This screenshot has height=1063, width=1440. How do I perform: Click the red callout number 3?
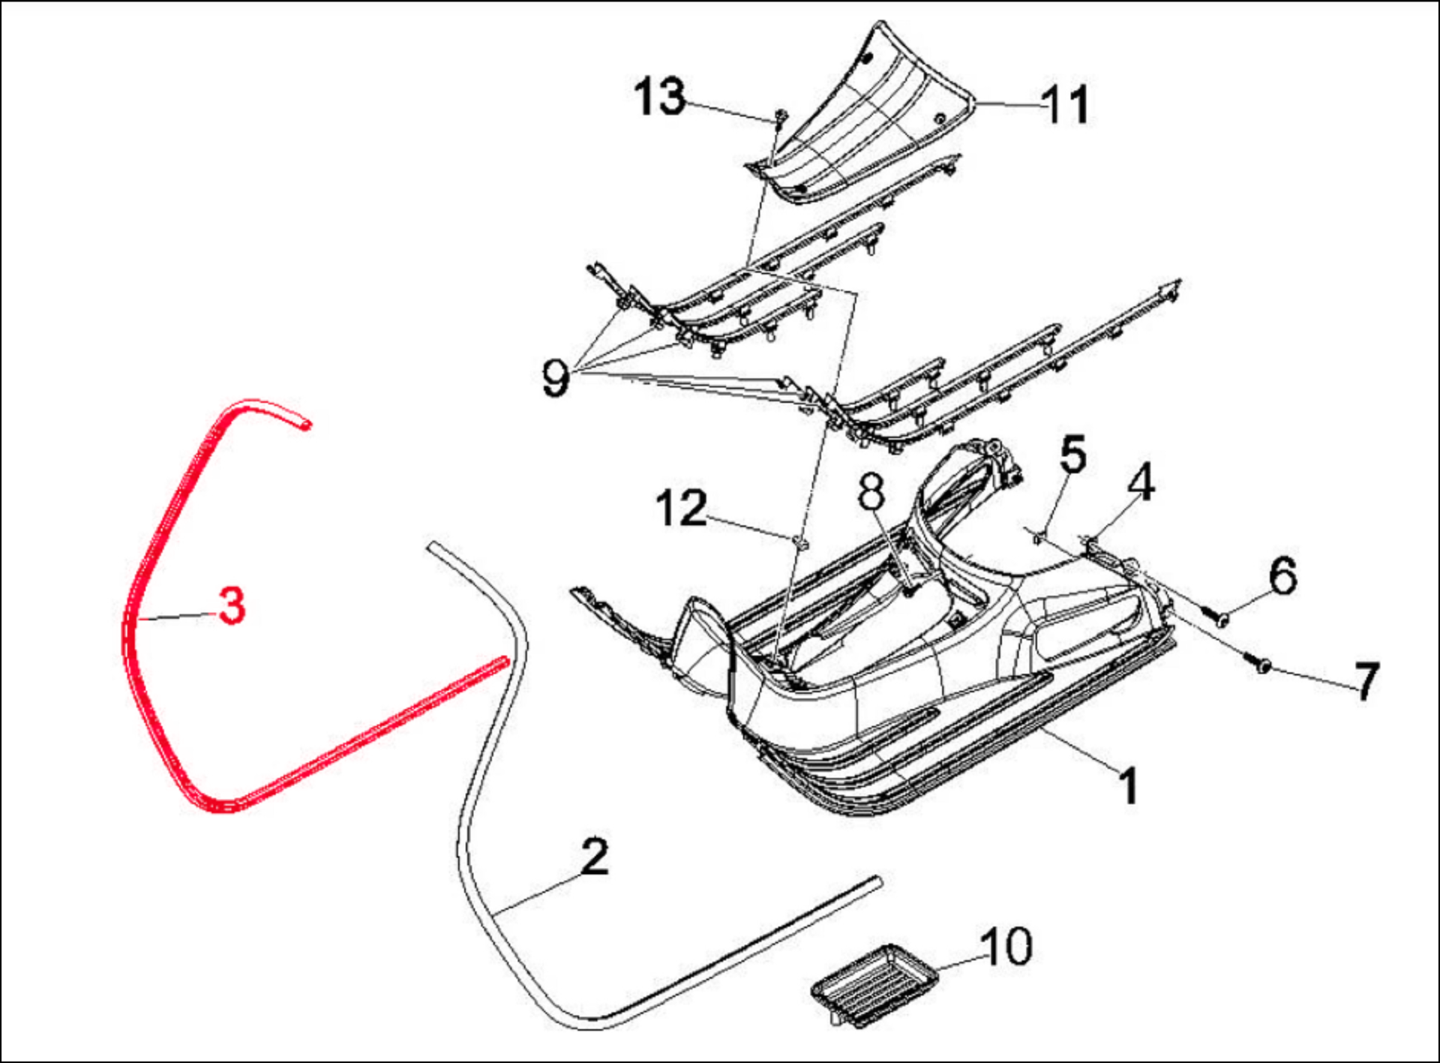pyautogui.click(x=232, y=605)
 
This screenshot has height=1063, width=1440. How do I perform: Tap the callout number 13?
pyautogui.click(x=659, y=97)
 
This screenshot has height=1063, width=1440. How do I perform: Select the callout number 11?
pyautogui.click(x=1066, y=104)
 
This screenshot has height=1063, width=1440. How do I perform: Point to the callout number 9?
pyautogui.click(x=556, y=377)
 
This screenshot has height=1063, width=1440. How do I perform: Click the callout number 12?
pyautogui.click(x=681, y=509)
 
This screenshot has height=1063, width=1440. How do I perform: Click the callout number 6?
pyautogui.click(x=1283, y=575)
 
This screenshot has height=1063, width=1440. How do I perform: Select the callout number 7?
pyautogui.click(x=1366, y=680)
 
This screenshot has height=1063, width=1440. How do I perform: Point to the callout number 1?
pyautogui.click(x=1129, y=785)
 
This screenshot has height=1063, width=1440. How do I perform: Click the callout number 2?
pyautogui.click(x=595, y=856)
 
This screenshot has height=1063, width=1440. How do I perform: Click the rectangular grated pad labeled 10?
pyautogui.click(x=875, y=985)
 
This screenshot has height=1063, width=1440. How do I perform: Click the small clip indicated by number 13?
pyautogui.click(x=781, y=118)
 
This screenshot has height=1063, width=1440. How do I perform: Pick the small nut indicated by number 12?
pyautogui.click(x=800, y=542)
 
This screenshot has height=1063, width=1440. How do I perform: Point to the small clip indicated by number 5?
pyautogui.click(x=1039, y=536)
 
